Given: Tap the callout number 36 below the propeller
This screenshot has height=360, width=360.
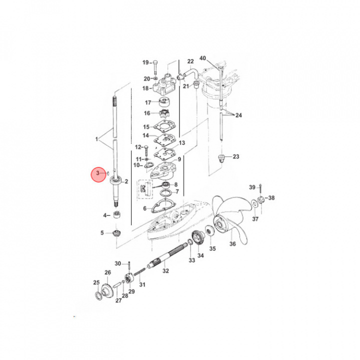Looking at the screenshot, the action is point(232,243).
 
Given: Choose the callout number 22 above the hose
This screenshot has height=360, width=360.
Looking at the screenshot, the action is point(190,61).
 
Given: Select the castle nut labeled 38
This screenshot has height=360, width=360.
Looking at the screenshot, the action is point(261,199).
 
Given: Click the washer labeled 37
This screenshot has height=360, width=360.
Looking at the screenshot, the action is point(254,203).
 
